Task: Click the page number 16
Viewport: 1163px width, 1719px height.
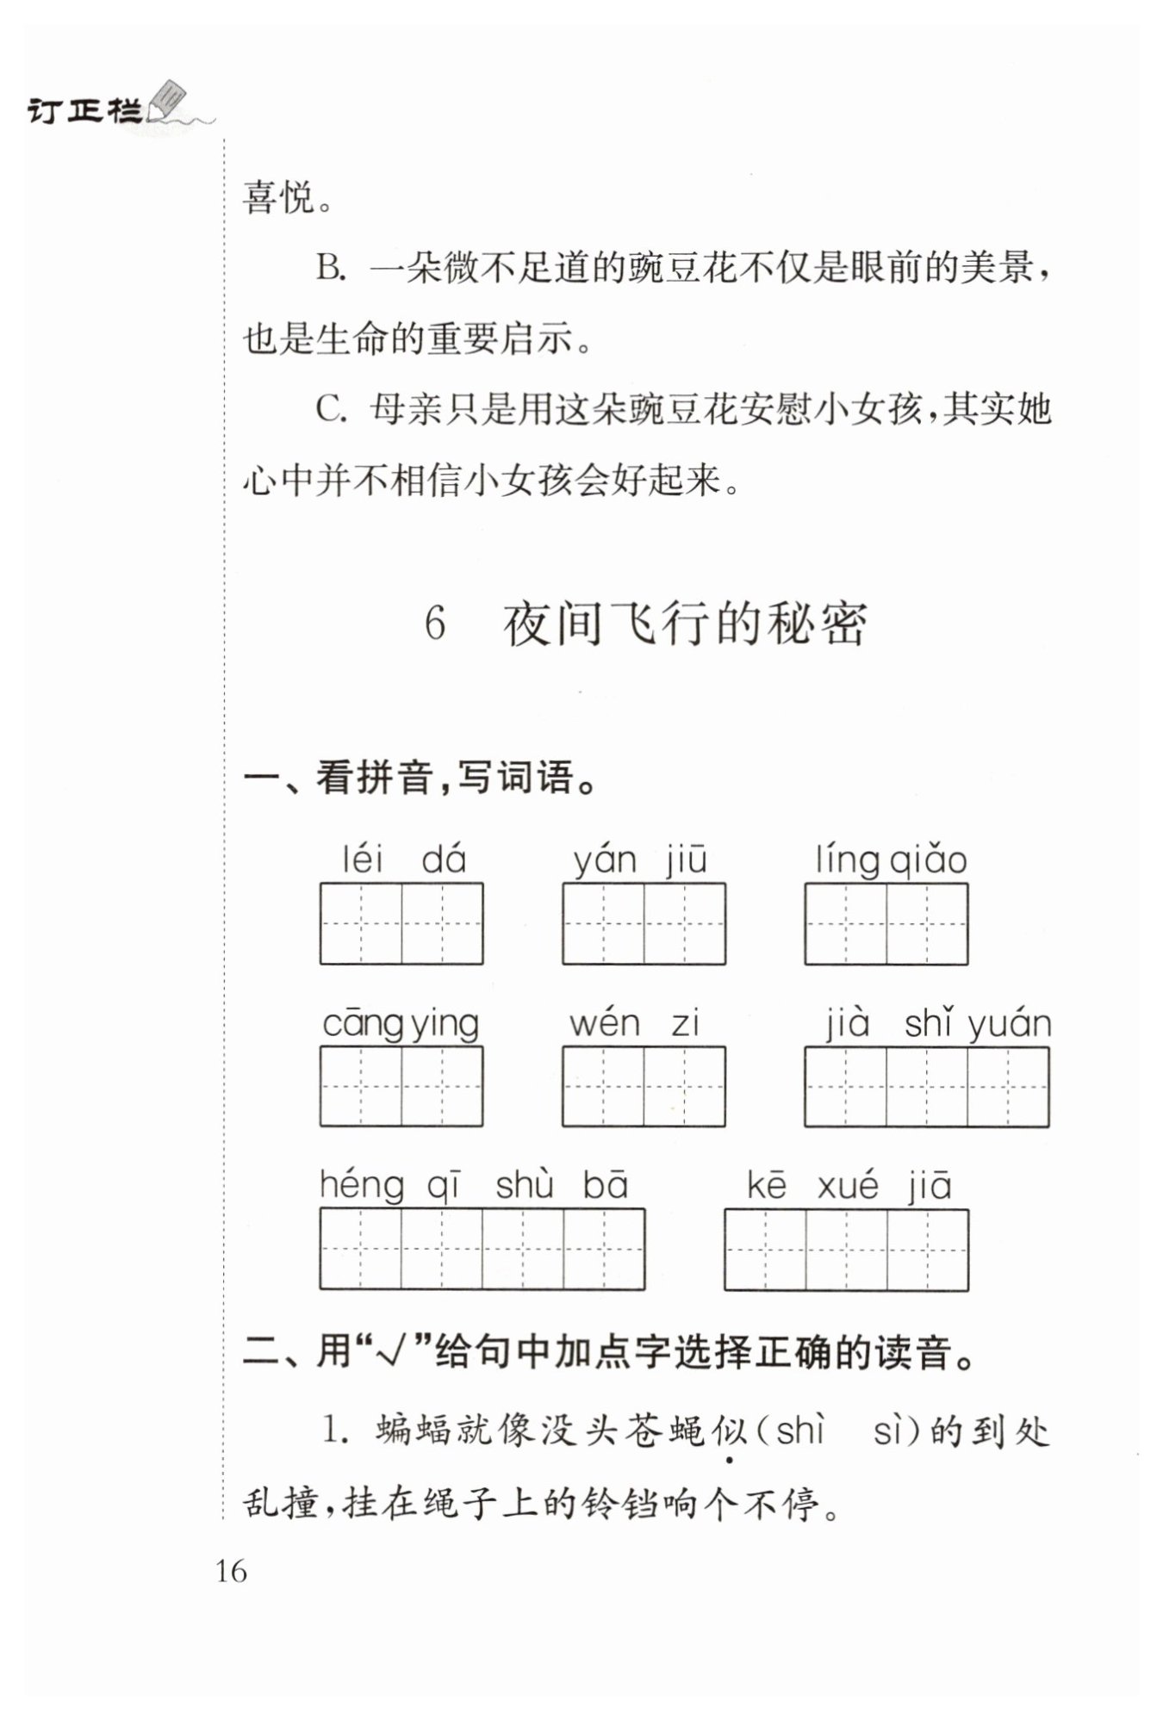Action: pos(231,1571)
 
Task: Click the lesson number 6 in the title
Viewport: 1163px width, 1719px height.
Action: pos(435,623)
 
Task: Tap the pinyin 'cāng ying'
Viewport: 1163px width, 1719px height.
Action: pos(401,1024)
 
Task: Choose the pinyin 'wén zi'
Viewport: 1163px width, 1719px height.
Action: pos(634,1024)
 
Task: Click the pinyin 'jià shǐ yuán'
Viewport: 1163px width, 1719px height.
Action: pos(938,1024)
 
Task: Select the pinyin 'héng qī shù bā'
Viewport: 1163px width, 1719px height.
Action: pos(474,1186)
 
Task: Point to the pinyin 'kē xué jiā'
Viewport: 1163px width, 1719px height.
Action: pos(849,1186)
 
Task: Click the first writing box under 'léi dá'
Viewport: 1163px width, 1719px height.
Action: pos(361,923)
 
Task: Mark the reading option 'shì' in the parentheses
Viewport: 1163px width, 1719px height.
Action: pos(800,1431)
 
